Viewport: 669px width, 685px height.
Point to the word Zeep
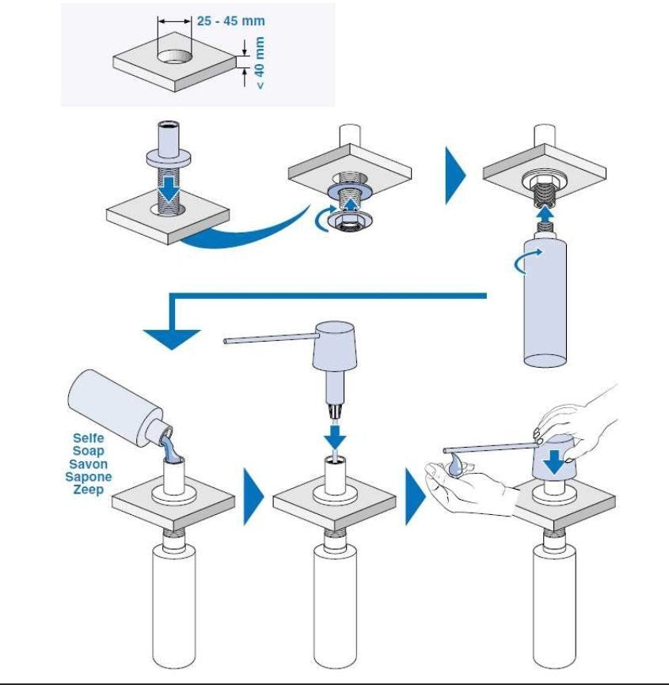[x=89, y=490]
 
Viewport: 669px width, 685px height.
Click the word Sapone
[x=89, y=477]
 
